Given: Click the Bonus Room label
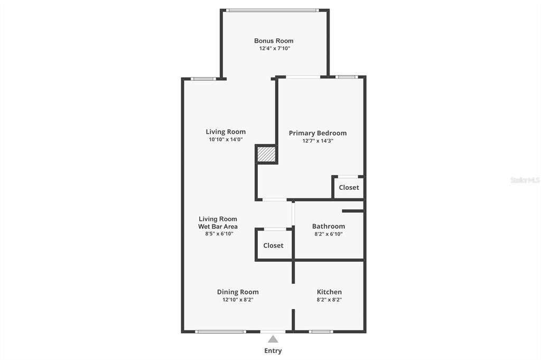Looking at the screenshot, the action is tap(274, 41).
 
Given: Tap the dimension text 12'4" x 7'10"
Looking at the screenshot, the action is tap(275, 48).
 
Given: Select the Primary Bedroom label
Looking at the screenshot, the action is tap(318, 133).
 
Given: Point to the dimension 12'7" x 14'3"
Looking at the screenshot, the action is tap(318, 141).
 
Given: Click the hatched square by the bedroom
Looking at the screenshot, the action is tap(267, 154).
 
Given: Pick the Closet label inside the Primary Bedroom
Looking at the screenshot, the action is tap(349, 188).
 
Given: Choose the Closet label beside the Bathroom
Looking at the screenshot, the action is tap(273, 245).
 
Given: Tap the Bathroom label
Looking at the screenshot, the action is tap(329, 226).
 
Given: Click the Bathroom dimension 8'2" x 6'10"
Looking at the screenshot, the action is tap(329, 234).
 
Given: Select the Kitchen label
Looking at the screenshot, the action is tap(329, 292).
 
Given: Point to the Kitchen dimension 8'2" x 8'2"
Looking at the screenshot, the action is tap(329, 300).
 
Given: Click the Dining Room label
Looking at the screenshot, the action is tap(238, 292).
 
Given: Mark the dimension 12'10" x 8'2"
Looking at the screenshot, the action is tap(238, 300).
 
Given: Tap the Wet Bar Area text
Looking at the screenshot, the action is tap(218, 226).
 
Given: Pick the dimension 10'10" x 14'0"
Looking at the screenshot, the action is tap(226, 140).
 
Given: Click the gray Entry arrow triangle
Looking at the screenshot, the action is tap(273, 339).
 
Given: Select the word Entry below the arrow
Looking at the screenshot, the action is tap(273, 350).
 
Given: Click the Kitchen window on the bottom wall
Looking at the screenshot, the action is tap(321, 331).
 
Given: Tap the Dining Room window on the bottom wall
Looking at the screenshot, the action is tap(220, 331).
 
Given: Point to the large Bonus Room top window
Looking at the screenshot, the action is tap(273, 11).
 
